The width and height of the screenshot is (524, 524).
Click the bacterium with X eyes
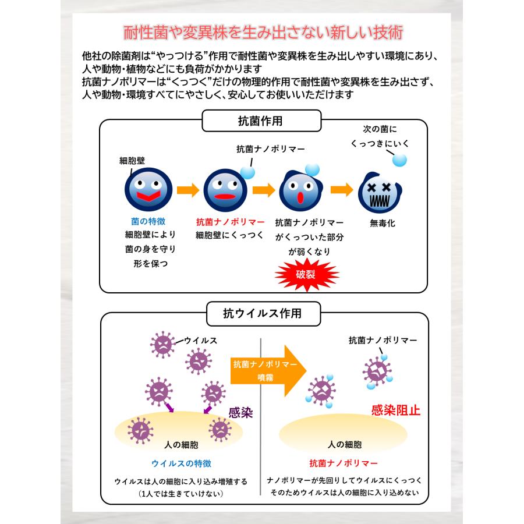click(381, 193)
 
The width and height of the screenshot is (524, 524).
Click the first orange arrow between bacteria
click(187, 190)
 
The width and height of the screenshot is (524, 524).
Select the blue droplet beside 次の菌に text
click(399, 159)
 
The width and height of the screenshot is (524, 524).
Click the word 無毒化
click(383, 223)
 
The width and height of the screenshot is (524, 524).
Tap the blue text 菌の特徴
click(148, 222)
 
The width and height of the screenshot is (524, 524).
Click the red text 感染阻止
click(396, 410)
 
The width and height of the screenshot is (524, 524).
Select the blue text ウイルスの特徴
click(181, 463)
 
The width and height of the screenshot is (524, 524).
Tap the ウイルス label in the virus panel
click(201, 341)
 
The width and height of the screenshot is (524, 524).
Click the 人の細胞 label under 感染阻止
click(345, 445)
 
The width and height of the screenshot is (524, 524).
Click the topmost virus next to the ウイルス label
click(162, 343)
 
